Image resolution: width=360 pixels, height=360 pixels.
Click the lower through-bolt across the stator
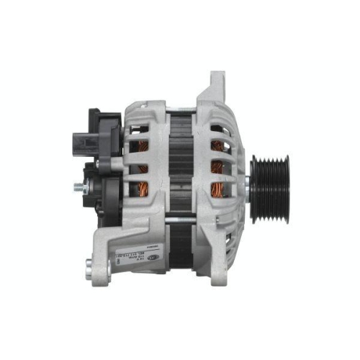click(x=180, y=217)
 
